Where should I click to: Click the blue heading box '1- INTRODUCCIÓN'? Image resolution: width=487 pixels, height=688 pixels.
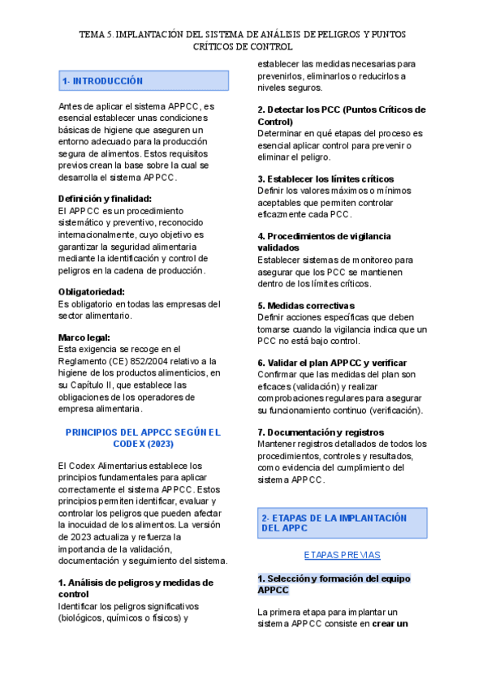[143, 81]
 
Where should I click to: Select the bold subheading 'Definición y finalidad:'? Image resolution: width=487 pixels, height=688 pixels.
[105, 198]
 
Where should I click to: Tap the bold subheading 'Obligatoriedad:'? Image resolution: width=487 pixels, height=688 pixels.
[91, 291]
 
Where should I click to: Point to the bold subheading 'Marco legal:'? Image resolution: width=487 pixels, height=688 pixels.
[84, 338]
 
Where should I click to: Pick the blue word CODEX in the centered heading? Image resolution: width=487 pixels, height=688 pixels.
[117, 444]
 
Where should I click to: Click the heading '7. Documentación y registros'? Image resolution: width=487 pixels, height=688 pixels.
[321, 432]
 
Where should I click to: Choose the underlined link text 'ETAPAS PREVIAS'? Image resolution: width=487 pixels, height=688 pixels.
[342, 555]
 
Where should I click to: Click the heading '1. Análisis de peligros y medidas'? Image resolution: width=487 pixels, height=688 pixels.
[136, 583]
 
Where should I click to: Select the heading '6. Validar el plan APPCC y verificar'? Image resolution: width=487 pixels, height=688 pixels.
[332, 363]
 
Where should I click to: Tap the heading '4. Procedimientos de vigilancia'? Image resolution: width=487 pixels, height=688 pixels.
[324, 236]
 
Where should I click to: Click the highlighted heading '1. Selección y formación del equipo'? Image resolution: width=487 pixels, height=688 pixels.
[334, 578]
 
